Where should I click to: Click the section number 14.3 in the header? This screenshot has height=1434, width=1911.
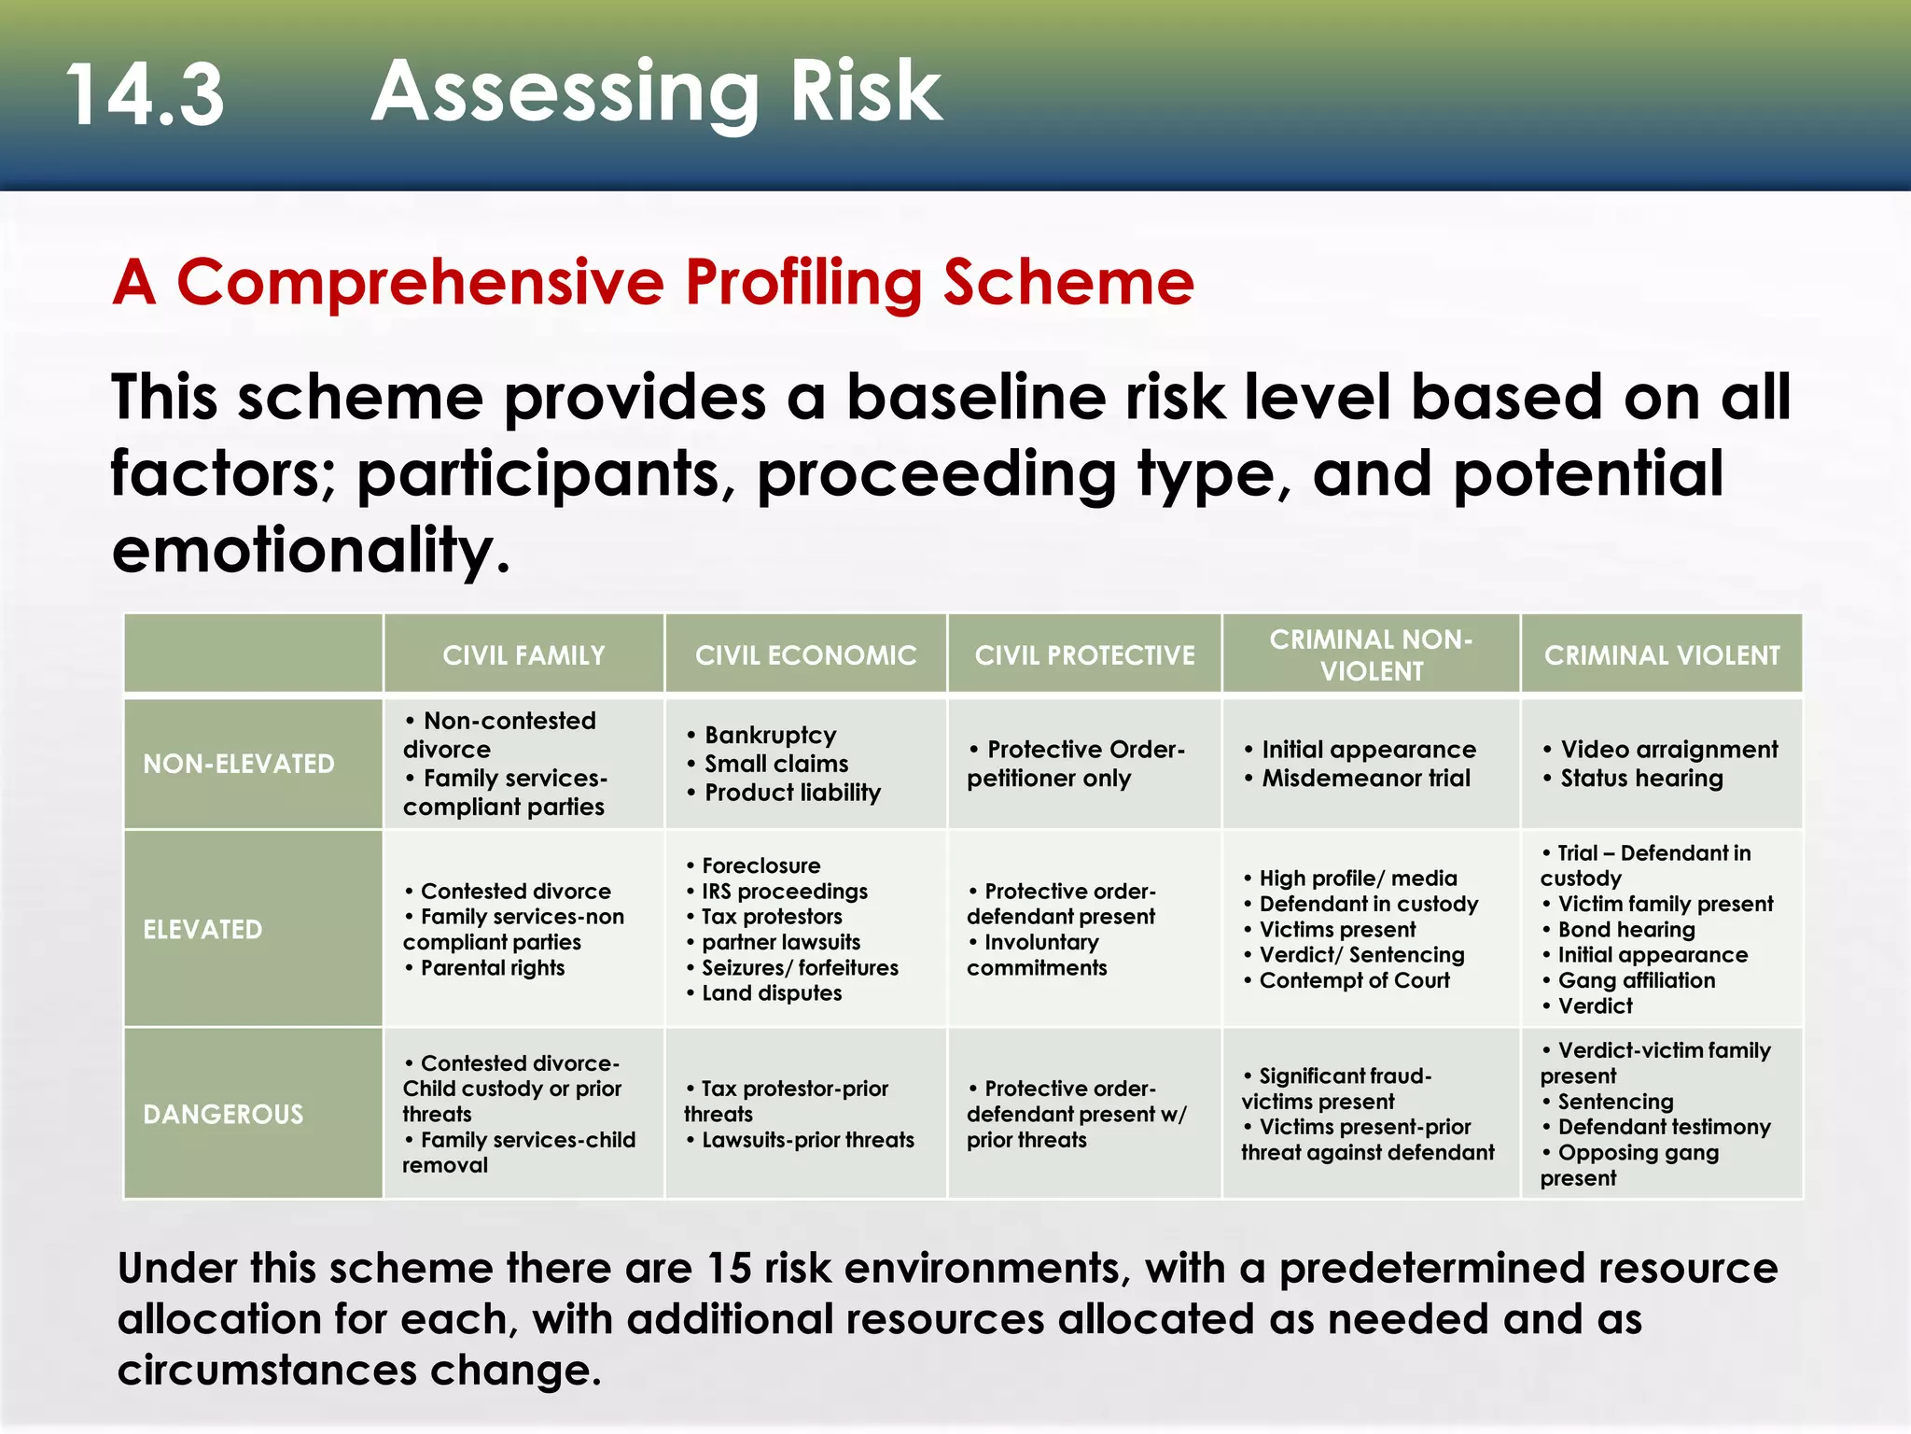coord(146,94)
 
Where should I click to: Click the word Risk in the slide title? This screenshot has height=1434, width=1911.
coord(866,91)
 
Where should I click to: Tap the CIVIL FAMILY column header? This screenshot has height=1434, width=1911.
coord(523,655)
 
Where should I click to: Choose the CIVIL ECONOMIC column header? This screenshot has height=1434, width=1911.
coord(805,655)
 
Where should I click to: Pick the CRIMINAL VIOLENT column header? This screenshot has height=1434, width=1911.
coord(1662,655)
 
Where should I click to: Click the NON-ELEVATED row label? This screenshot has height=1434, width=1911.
coord(238,764)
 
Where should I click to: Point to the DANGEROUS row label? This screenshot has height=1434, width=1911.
coord(223,1114)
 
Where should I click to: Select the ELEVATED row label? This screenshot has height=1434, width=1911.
coord(202,929)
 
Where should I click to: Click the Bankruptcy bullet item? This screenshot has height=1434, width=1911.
coord(770,735)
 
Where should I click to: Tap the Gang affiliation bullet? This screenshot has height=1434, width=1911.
coord(1636,980)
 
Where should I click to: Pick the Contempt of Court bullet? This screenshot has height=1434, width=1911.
coord(1354,980)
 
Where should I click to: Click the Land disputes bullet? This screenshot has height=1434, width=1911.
coord(771,993)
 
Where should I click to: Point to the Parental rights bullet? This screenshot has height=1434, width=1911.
coord(492,968)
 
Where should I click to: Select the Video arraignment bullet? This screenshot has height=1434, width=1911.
coord(1668,750)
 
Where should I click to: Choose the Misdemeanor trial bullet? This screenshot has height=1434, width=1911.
coord(1365,779)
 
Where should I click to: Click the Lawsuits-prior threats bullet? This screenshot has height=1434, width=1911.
coord(807,1140)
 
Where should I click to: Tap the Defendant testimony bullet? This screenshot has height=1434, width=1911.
coord(1663,1127)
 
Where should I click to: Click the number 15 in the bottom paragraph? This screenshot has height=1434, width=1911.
coord(729,1269)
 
